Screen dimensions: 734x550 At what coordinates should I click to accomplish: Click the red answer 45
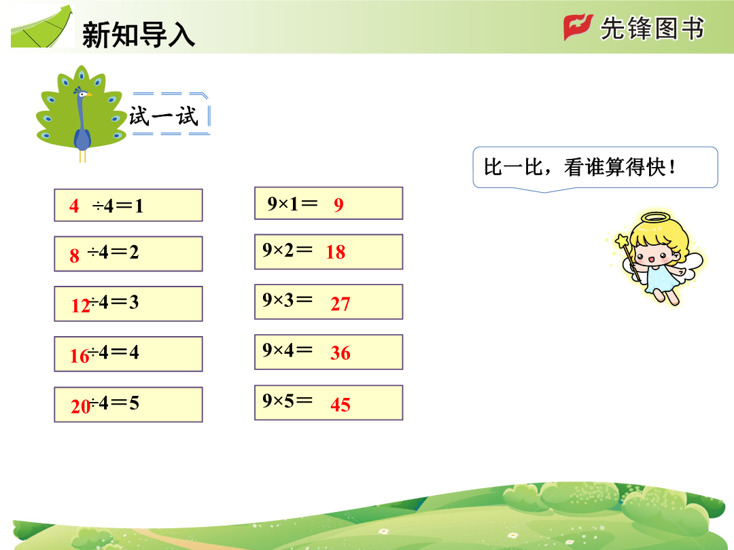point(340,405)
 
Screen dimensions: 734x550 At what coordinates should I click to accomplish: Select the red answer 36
point(340,353)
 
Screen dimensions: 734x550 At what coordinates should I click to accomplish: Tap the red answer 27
point(340,304)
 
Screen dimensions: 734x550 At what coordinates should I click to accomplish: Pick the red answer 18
point(336,252)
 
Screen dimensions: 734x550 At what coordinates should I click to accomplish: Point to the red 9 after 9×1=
point(339,205)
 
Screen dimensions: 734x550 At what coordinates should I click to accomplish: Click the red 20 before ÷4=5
point(80,406)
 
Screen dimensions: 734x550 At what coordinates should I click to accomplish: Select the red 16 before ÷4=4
point(79,356)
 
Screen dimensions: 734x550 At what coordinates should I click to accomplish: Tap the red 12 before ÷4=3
point(80,306)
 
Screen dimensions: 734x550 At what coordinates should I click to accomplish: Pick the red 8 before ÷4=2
point(75,256)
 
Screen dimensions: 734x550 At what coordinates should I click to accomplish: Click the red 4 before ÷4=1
point(74,206)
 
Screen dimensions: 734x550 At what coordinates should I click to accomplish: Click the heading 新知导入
point(139,35)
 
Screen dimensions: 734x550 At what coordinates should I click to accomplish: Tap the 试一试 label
point(164,116)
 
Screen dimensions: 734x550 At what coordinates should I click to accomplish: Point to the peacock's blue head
point(82,94)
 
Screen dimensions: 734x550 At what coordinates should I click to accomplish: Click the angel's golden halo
point(656,218)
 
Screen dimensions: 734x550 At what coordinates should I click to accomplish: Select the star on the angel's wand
point(622,241)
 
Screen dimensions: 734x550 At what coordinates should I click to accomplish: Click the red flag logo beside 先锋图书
point(578,27)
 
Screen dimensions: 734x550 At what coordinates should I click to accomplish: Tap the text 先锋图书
point(652,29)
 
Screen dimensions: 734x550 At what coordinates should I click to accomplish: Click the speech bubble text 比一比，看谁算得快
point(580,167)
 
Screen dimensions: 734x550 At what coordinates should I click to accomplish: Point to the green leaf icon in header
point(42,26)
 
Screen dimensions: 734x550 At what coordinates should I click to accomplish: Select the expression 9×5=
point(287,401)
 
